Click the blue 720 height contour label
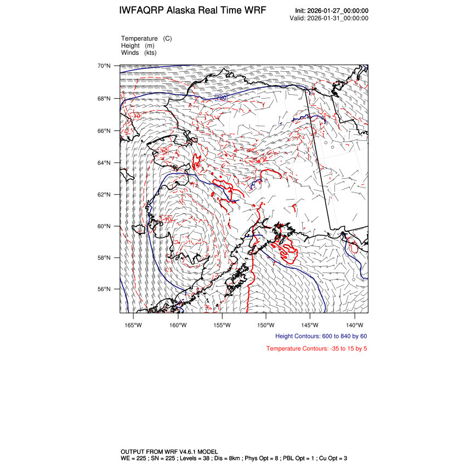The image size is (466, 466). pos(221,98)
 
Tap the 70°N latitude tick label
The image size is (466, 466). pos(104,66)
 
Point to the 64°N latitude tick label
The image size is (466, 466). pos(104,163)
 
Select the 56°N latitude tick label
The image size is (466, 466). pos(104,289)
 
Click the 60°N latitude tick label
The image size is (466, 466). pos(104,226)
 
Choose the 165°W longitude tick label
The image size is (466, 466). pos(133,324)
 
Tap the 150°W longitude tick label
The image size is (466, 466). pos(265,324)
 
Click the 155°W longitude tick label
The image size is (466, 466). pos(221,324)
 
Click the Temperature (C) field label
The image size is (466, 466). pos(146,38)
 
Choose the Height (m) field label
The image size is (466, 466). pos(138,46)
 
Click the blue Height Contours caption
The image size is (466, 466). pos(321,336)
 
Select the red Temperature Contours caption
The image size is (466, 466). pos(316,349)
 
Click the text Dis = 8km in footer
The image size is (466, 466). pos(223,458)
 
